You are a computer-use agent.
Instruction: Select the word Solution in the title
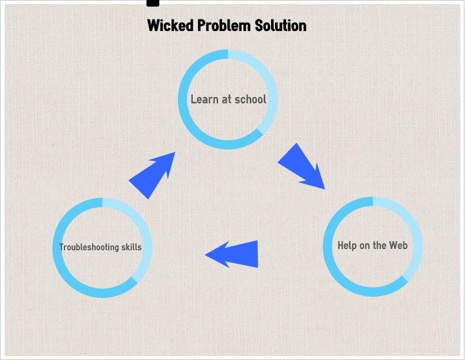(x=281, y=26)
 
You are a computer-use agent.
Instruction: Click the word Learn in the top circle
(x=204, y=99)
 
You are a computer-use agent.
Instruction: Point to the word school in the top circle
(x=250, y=99)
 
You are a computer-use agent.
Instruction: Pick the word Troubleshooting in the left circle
(x=89, y=247)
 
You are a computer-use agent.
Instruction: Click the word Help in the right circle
(x=347, y=246)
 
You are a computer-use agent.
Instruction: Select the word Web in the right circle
(x=398, y=246)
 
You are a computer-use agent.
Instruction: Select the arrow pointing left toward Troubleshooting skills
(x=236, y=254)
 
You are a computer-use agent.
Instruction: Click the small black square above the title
(x=153, y=2)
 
